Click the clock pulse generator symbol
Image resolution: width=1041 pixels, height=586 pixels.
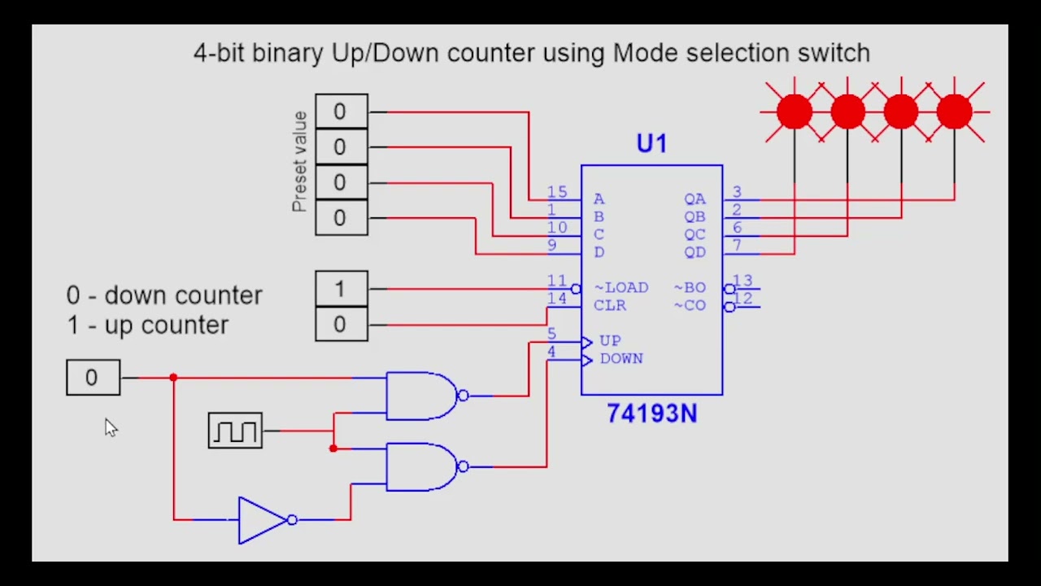235,431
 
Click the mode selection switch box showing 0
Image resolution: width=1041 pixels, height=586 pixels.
93,378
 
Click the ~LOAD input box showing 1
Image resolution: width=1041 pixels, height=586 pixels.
341,289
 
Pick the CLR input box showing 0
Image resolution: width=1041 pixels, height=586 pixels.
341,325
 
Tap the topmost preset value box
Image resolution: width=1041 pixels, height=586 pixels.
341,112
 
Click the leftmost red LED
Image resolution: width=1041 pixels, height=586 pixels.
794,112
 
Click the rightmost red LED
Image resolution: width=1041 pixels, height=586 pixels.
954,112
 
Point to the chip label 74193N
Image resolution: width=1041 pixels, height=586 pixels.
651,414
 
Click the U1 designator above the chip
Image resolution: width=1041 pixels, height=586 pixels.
651,145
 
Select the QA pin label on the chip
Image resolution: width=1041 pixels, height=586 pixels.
695,199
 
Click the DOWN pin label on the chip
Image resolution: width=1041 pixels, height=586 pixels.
621,359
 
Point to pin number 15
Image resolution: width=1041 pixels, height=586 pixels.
557,193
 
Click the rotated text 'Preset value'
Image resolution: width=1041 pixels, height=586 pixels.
299,162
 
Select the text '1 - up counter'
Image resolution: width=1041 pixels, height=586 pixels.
148,325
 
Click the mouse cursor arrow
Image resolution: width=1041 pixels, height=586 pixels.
111,427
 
